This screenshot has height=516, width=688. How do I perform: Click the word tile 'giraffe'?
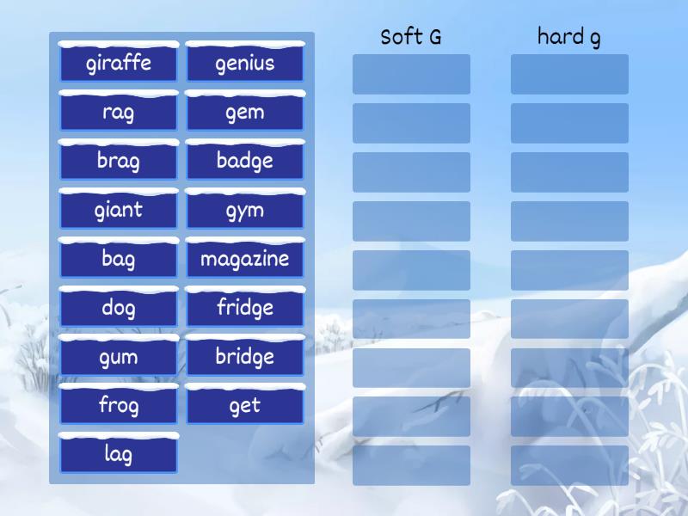point(119,63)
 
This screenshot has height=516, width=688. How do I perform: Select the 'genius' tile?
point(245,63)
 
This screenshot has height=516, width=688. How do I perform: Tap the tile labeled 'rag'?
point(119,112)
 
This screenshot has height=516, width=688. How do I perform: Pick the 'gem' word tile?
point(245,112)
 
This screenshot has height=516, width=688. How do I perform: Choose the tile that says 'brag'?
point(119,161)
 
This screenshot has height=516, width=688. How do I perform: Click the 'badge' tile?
point(245,161)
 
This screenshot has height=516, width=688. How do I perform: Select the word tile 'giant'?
point(119,210)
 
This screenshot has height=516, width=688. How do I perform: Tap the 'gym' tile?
point(245,210)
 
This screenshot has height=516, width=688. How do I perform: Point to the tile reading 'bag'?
point(119,259)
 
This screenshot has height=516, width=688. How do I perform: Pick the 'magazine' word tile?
point(245,259)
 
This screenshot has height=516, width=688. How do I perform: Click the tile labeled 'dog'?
point(119,308)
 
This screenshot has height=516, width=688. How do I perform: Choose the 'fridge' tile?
point(245,308)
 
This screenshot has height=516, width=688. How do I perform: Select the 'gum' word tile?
point(119,357)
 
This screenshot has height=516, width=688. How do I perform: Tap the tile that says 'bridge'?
point(245,357)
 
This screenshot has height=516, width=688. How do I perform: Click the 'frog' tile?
point(119,406)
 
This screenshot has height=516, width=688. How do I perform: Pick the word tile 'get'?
point(245,406)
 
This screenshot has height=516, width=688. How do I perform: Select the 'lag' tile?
point(119,454)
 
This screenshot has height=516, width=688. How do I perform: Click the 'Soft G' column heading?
point(411,37)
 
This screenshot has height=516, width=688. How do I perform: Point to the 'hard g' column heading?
point(569,37)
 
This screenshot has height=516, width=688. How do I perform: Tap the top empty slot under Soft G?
point(411,74)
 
